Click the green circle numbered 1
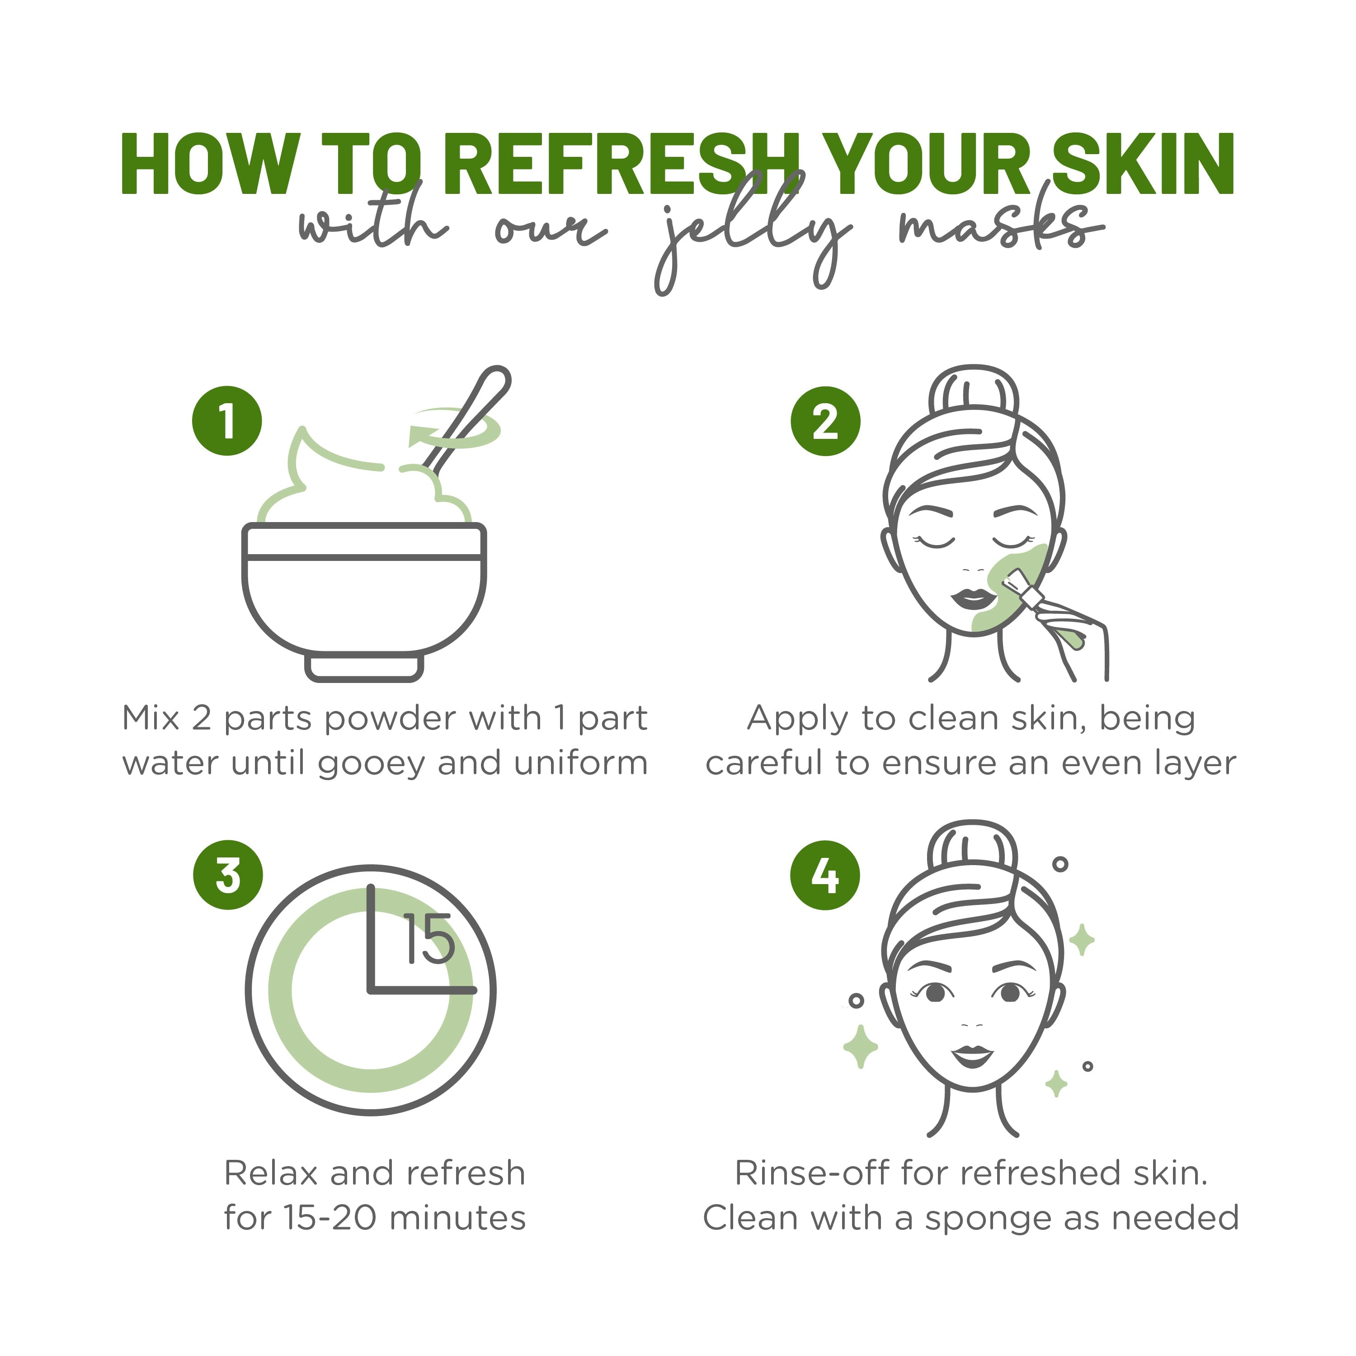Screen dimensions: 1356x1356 227,421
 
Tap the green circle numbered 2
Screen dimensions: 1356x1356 825,421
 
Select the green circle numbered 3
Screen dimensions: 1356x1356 228,875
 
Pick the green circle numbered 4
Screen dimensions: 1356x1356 825,875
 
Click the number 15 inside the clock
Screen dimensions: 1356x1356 428,939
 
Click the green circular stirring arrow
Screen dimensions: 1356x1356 456,429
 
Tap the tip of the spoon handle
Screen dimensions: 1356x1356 497,379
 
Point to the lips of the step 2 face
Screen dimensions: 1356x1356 972,599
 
